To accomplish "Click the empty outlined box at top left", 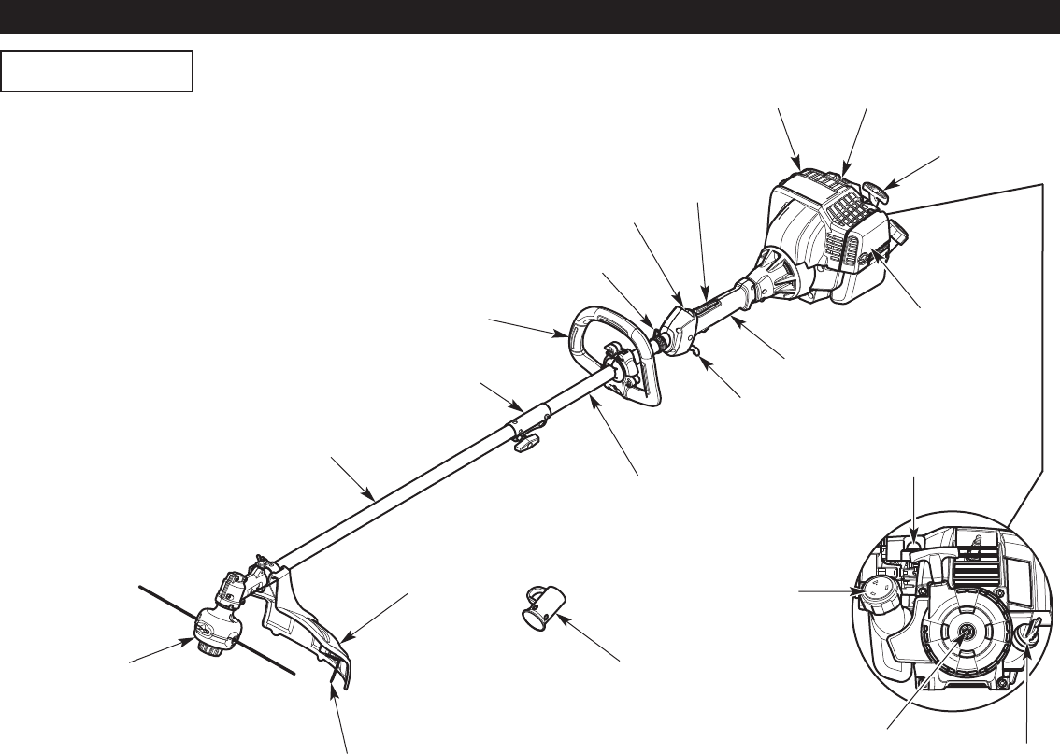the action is pyautogui.click(x=97, y=72).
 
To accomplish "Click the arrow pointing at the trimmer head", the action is pyautogui.click(x=156, y=651).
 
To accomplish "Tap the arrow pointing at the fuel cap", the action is pyautogui.click(x=826, y=590).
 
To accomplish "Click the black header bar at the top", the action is pyautogui.click(x=530, y=17).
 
